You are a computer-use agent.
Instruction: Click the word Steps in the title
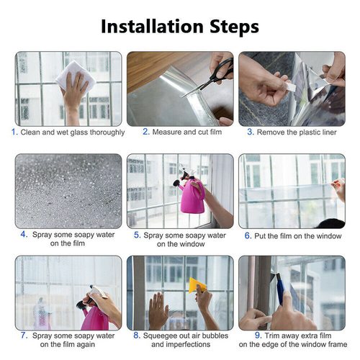[x=229, y=27]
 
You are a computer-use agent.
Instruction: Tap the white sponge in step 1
[x=73, y=74]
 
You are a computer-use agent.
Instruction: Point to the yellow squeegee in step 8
[x=195, y=286]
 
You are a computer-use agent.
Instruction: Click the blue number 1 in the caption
[x=14, y=132]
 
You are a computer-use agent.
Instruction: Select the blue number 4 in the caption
[x=24, y=234]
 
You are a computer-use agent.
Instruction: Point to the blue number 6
[x=248, y=235]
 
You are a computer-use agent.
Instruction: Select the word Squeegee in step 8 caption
[x=165, y=336]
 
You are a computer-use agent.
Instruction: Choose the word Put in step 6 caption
[x=262, y=235]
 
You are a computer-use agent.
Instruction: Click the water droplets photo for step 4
[x=68, y=191]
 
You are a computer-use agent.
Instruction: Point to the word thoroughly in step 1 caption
[x=104, y=132]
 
